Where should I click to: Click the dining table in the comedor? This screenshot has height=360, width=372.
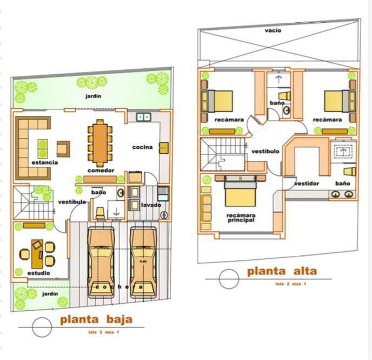pyautogui.click(x=100, y=143)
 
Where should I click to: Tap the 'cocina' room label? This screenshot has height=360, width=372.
pyautogui.click(x=142, y=147)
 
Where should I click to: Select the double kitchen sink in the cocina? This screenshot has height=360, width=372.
pyautogui.click(x=143, y=117)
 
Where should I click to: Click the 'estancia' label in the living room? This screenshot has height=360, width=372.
pyautogui.click(x=44, y=162)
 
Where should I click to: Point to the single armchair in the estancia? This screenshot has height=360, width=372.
pyautogui.click(x=63, y=149)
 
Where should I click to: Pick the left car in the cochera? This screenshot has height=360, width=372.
pyautogui.click(x=101, y=262)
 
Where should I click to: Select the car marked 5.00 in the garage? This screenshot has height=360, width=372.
pyautogui.click(x=143, y=262)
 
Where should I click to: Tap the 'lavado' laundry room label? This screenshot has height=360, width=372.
pyautogui.click(x=151, y=205)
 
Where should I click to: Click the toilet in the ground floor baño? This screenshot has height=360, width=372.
pyautogui.click(x=100, y=213)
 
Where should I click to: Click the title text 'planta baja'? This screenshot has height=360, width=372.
pyautogui.click(x=96, y=319)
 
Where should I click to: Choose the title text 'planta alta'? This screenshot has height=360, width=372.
pyautogui.click(x=282, y=271)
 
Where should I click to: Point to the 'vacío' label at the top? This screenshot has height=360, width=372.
pyautogui.click(x=273, y=30)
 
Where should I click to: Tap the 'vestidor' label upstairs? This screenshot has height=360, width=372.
pyautogui.click(x=307, y=184)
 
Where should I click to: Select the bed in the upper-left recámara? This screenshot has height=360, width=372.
pyautogui.click(x=217, y=101)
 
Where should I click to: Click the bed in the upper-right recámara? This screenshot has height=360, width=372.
pyautogui.click(x=340, y=101)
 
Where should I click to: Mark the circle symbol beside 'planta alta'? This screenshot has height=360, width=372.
pyautogui.click(x=229, y=279)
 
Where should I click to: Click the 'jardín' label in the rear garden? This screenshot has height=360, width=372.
pyautogui.click(x=93, y=96)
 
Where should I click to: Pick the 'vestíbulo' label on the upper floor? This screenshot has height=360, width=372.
pyautogui.click(x=265, y=151)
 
